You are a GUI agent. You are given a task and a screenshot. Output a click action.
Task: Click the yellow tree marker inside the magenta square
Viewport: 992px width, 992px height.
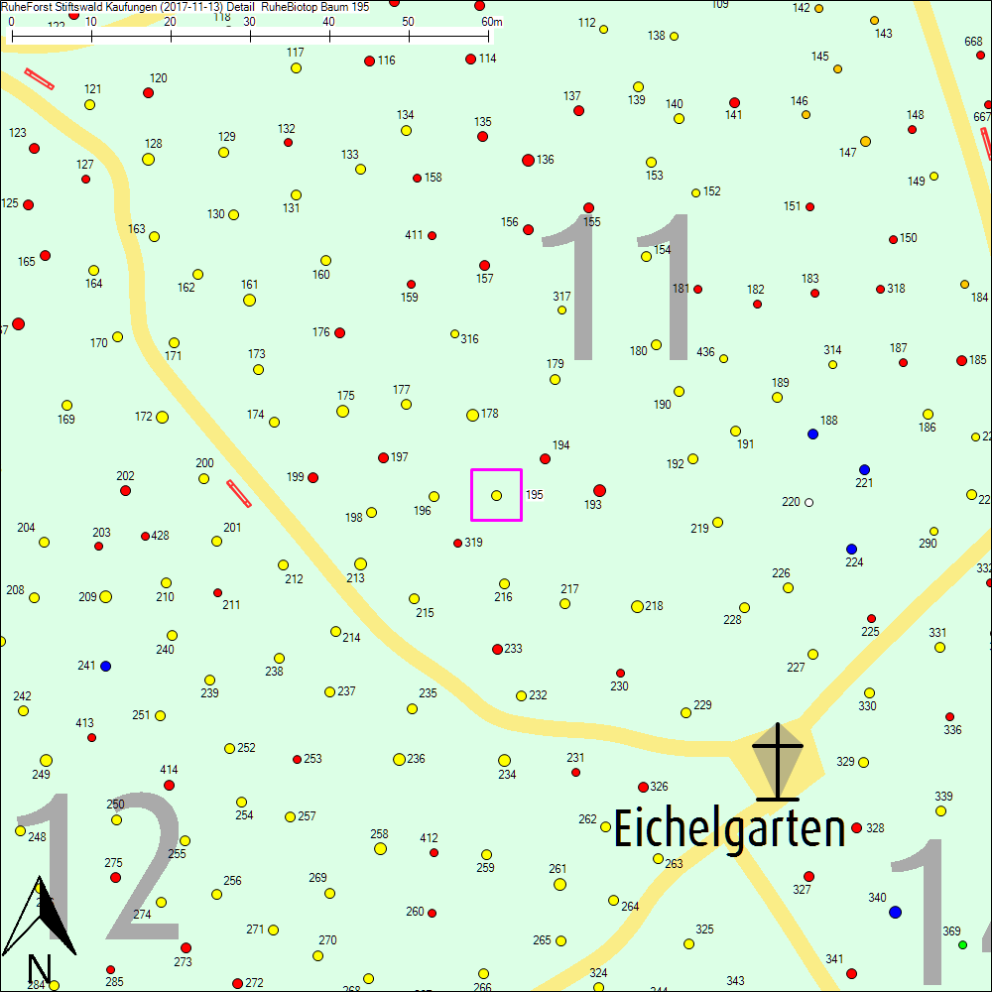pos(496,495)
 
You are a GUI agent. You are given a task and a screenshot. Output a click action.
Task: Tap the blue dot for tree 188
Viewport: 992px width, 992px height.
pos(813,434)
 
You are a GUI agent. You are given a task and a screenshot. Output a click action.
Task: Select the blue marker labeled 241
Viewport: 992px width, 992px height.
pos(106,666)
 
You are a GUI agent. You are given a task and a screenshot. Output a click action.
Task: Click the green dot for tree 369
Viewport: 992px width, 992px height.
pos(962,944)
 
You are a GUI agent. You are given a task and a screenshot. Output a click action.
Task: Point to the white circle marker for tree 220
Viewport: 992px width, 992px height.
pos(808,502)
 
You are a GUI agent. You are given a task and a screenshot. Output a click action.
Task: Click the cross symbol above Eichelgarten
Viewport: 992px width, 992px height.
pos(777,762)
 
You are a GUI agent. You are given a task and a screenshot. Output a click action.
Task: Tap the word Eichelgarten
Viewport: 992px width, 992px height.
pos(729,829)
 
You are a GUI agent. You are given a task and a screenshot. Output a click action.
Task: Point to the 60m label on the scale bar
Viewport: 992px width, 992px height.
pos(491,21)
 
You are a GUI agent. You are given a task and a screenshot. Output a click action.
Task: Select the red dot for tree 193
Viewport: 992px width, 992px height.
pos(599,490)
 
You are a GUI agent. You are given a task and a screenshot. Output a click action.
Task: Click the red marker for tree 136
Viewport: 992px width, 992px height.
pos(528,160)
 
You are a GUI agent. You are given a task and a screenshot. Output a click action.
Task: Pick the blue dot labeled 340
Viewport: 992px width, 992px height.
pos(896,912)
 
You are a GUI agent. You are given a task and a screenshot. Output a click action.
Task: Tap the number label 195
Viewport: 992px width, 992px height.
pos(535,494)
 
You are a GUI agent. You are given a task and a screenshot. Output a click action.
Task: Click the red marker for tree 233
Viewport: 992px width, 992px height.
pos(497,650)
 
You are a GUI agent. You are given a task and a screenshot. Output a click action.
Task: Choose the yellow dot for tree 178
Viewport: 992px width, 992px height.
pos(472,415)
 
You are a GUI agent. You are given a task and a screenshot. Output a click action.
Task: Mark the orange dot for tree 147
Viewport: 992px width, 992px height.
pos(865,142)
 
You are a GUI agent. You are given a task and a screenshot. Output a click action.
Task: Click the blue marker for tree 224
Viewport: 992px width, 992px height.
pos(851,549)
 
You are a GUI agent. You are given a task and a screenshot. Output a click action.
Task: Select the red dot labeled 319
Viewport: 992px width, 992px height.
pos(457,543)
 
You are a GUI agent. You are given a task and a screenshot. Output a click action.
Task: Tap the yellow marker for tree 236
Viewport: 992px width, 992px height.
pos(399,759)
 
